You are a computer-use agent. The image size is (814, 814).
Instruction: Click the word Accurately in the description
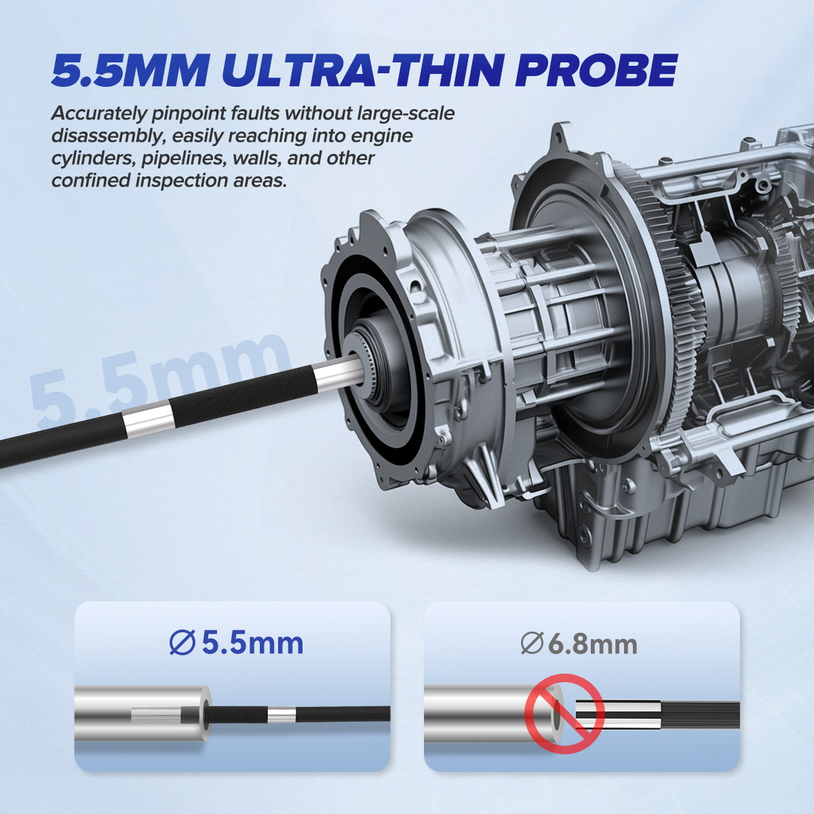[98, 115]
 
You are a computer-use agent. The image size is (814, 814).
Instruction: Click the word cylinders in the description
[93, 159]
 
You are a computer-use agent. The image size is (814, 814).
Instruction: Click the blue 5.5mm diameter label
[236, 644]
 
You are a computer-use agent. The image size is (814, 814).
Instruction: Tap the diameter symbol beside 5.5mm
[182, 644]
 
